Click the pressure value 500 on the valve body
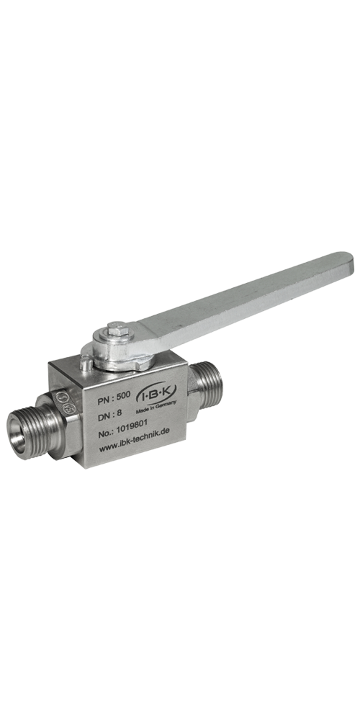[123, 395]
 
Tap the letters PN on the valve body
[103, 400]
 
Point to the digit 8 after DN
[119, 415]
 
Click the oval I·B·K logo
[156, 395]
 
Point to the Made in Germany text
[156, 406]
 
